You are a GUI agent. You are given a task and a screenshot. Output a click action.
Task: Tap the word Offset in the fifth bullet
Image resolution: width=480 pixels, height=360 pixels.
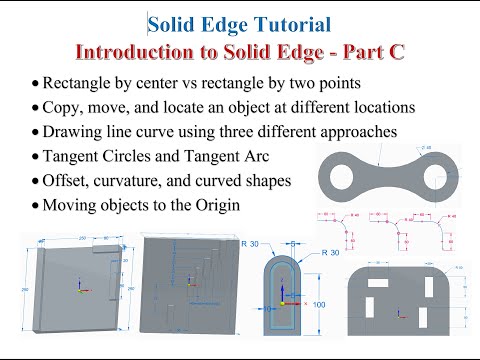69,181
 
